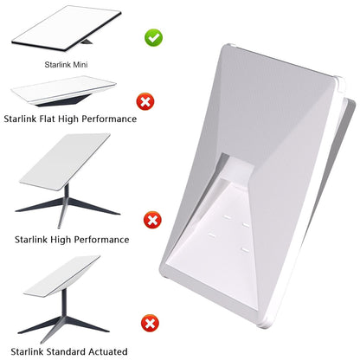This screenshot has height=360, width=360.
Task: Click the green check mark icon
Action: [x=153, y=37]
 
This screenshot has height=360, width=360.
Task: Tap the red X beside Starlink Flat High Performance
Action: [x=145, y=101]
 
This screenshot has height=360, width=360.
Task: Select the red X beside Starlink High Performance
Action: [x=152, y=220]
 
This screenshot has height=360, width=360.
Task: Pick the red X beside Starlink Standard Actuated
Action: [x=150, y=324]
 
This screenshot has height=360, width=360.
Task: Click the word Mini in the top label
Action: [x=80, y=64]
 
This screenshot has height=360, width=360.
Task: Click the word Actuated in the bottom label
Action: [x=108, y=351]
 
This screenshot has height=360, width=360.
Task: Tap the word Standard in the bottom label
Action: [x=67, y=351]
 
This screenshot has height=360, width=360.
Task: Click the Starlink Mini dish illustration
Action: [x=66, y=29]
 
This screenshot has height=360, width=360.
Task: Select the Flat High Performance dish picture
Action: [x=64, y=91]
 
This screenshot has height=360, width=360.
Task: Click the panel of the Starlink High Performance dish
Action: [x=65, y=162]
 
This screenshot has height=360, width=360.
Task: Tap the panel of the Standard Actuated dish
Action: [x=62, y=276]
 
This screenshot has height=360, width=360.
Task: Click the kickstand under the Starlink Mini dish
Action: [x=87, y=42]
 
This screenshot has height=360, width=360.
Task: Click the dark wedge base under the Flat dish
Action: [x=62, y=101]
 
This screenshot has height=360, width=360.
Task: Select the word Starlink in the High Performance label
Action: [x=31, y=240]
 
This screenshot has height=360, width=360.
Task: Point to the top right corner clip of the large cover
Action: [x=338, y=81]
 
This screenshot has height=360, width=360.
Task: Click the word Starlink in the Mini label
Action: [x=58, y=64]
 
